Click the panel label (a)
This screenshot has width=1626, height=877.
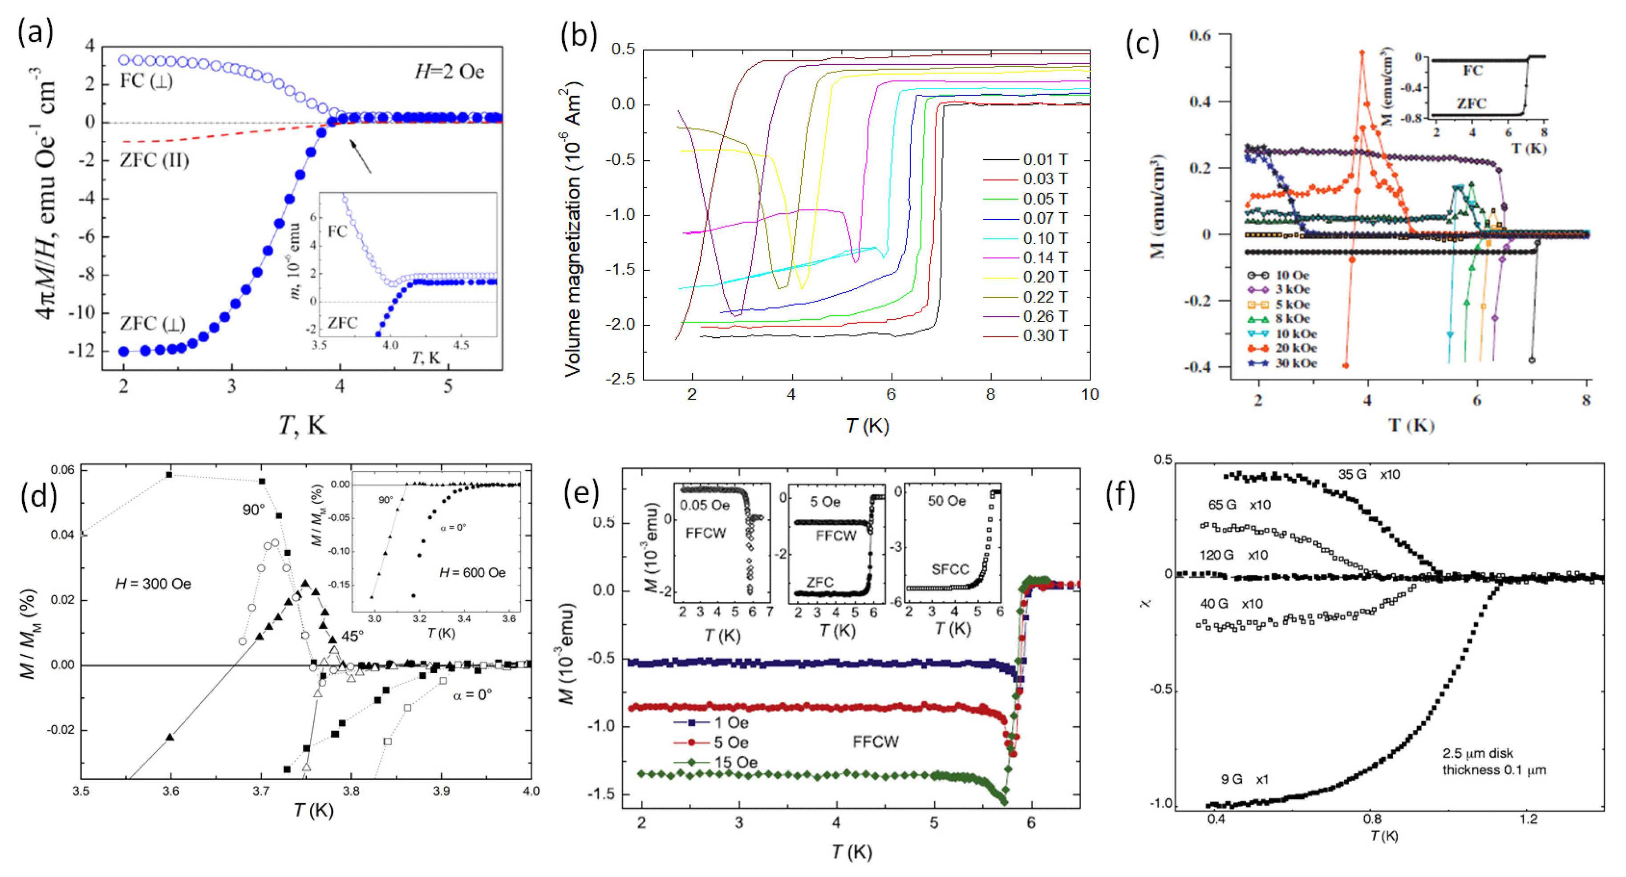[x=35, y=32]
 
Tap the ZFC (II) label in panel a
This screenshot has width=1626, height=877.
[x=154, y=160]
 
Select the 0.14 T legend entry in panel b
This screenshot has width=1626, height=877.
[x=1045, y=258]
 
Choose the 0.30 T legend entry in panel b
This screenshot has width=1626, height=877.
[x=1045, y=335]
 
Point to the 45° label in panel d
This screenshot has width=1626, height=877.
[x=352, y=636]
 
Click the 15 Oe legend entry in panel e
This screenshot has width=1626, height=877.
[x=735, y=762]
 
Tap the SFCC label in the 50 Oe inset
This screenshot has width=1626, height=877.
[x=950, y=570]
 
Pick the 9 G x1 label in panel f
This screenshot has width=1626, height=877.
[x=1244, y=779]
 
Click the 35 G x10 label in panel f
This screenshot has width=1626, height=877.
[x=1368, y=474]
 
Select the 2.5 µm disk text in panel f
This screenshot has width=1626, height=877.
[x=1477, y=753]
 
